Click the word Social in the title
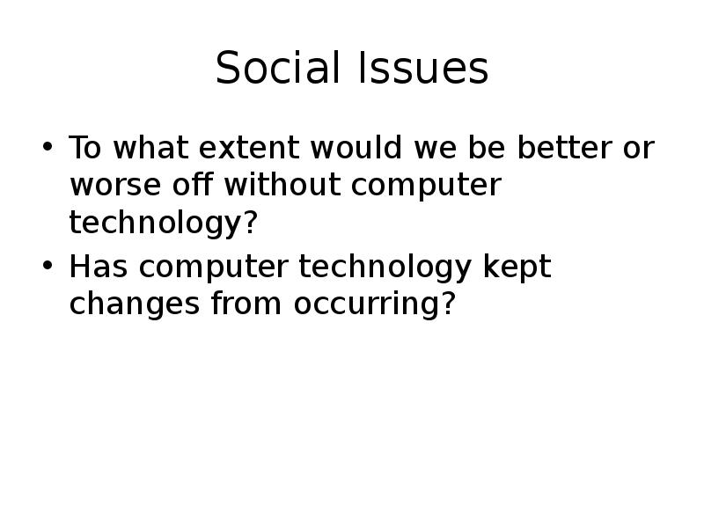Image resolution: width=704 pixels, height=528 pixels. tap(277, 68)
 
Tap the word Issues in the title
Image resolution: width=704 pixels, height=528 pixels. tap(423, 68)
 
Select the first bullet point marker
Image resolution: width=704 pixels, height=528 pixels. tap(48, 146)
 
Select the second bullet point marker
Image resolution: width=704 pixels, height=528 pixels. tap(48, 266)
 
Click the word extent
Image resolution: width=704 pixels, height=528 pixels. tap(249, 147)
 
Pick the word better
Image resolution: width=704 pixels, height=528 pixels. tap(564, 146)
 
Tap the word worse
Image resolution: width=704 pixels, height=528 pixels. tap(115, 185)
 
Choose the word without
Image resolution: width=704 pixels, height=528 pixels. tap(282, 184)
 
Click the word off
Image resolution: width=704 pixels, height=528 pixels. tap(193, 184)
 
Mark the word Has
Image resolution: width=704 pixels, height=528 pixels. tap(99, 267)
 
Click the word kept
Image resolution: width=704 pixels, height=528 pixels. tap(517, 268)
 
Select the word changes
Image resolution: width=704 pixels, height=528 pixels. tap(135, 305)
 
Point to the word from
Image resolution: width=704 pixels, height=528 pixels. tap(246, 303)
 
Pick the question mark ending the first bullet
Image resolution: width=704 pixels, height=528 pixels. tap(251, 222)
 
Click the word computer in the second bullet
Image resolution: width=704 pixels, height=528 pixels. tap(214, 268)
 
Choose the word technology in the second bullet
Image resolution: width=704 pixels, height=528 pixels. tap(385, 268)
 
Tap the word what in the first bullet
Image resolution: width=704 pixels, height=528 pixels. tap(150, 146)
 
